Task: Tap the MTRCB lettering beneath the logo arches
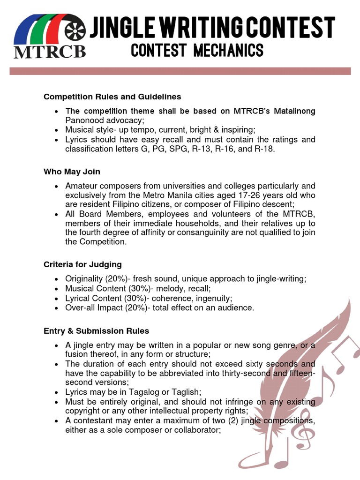pyautogui.click(x=50, y=51)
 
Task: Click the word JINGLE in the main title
pyautogui.click(x=123, y=28)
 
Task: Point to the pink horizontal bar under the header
pyautogui.click(x=180, y=71)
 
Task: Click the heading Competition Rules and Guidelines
pyautogui.click(x=112, y=97)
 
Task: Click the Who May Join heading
pyautogui.click(x=72, y=172)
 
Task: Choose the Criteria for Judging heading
pyautogui.click(x=82, y=264)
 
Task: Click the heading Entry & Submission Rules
pyautogui.click(x=96, y=331)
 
